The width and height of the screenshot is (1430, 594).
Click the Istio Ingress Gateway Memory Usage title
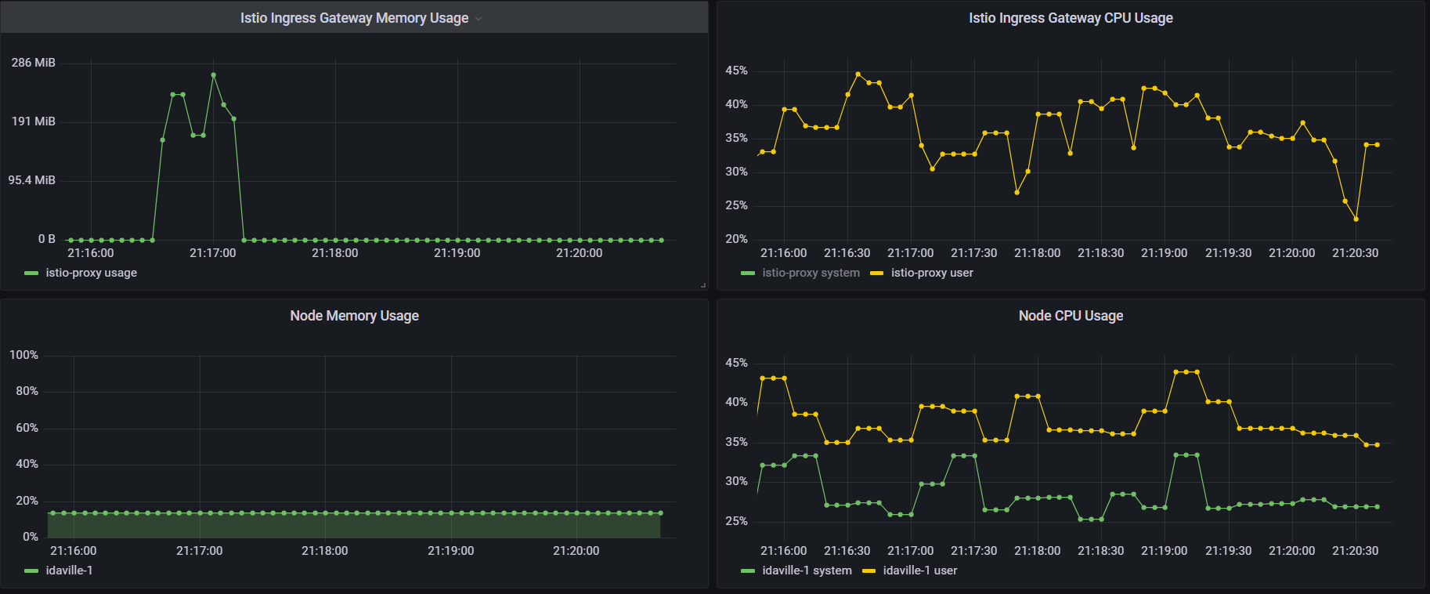click(354, 18)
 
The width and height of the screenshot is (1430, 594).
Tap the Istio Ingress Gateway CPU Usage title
click(1071, 18)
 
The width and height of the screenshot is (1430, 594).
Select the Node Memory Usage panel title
click(354, 316)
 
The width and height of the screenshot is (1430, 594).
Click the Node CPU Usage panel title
click(1071, 316)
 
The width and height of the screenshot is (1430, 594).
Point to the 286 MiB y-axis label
click(33, 63)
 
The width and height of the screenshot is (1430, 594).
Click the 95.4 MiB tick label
click(32, 180)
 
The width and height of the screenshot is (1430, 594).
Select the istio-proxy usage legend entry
click(91, 273)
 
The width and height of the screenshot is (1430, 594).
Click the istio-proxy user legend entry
click(932, 273)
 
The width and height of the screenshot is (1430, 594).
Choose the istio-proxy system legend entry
click(811, 273)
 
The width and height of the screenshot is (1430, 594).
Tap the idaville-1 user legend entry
click(919, 570)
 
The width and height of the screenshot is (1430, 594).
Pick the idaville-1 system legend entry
click(807, 570)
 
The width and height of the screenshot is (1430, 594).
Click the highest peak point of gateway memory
click(213, 75)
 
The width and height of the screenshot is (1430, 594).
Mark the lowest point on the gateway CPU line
click(1356, 219)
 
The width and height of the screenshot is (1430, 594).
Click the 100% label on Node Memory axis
click(23, 355)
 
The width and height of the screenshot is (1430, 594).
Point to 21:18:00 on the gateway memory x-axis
click(334, 253)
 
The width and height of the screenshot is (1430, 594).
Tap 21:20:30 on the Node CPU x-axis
click(1355, 551)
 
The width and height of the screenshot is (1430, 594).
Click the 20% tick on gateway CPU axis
click(736, 239)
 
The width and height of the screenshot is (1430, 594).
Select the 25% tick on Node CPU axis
click(736, 521)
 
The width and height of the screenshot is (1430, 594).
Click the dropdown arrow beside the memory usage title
click(478, 19)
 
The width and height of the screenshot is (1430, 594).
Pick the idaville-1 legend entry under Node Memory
click(69, 570)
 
